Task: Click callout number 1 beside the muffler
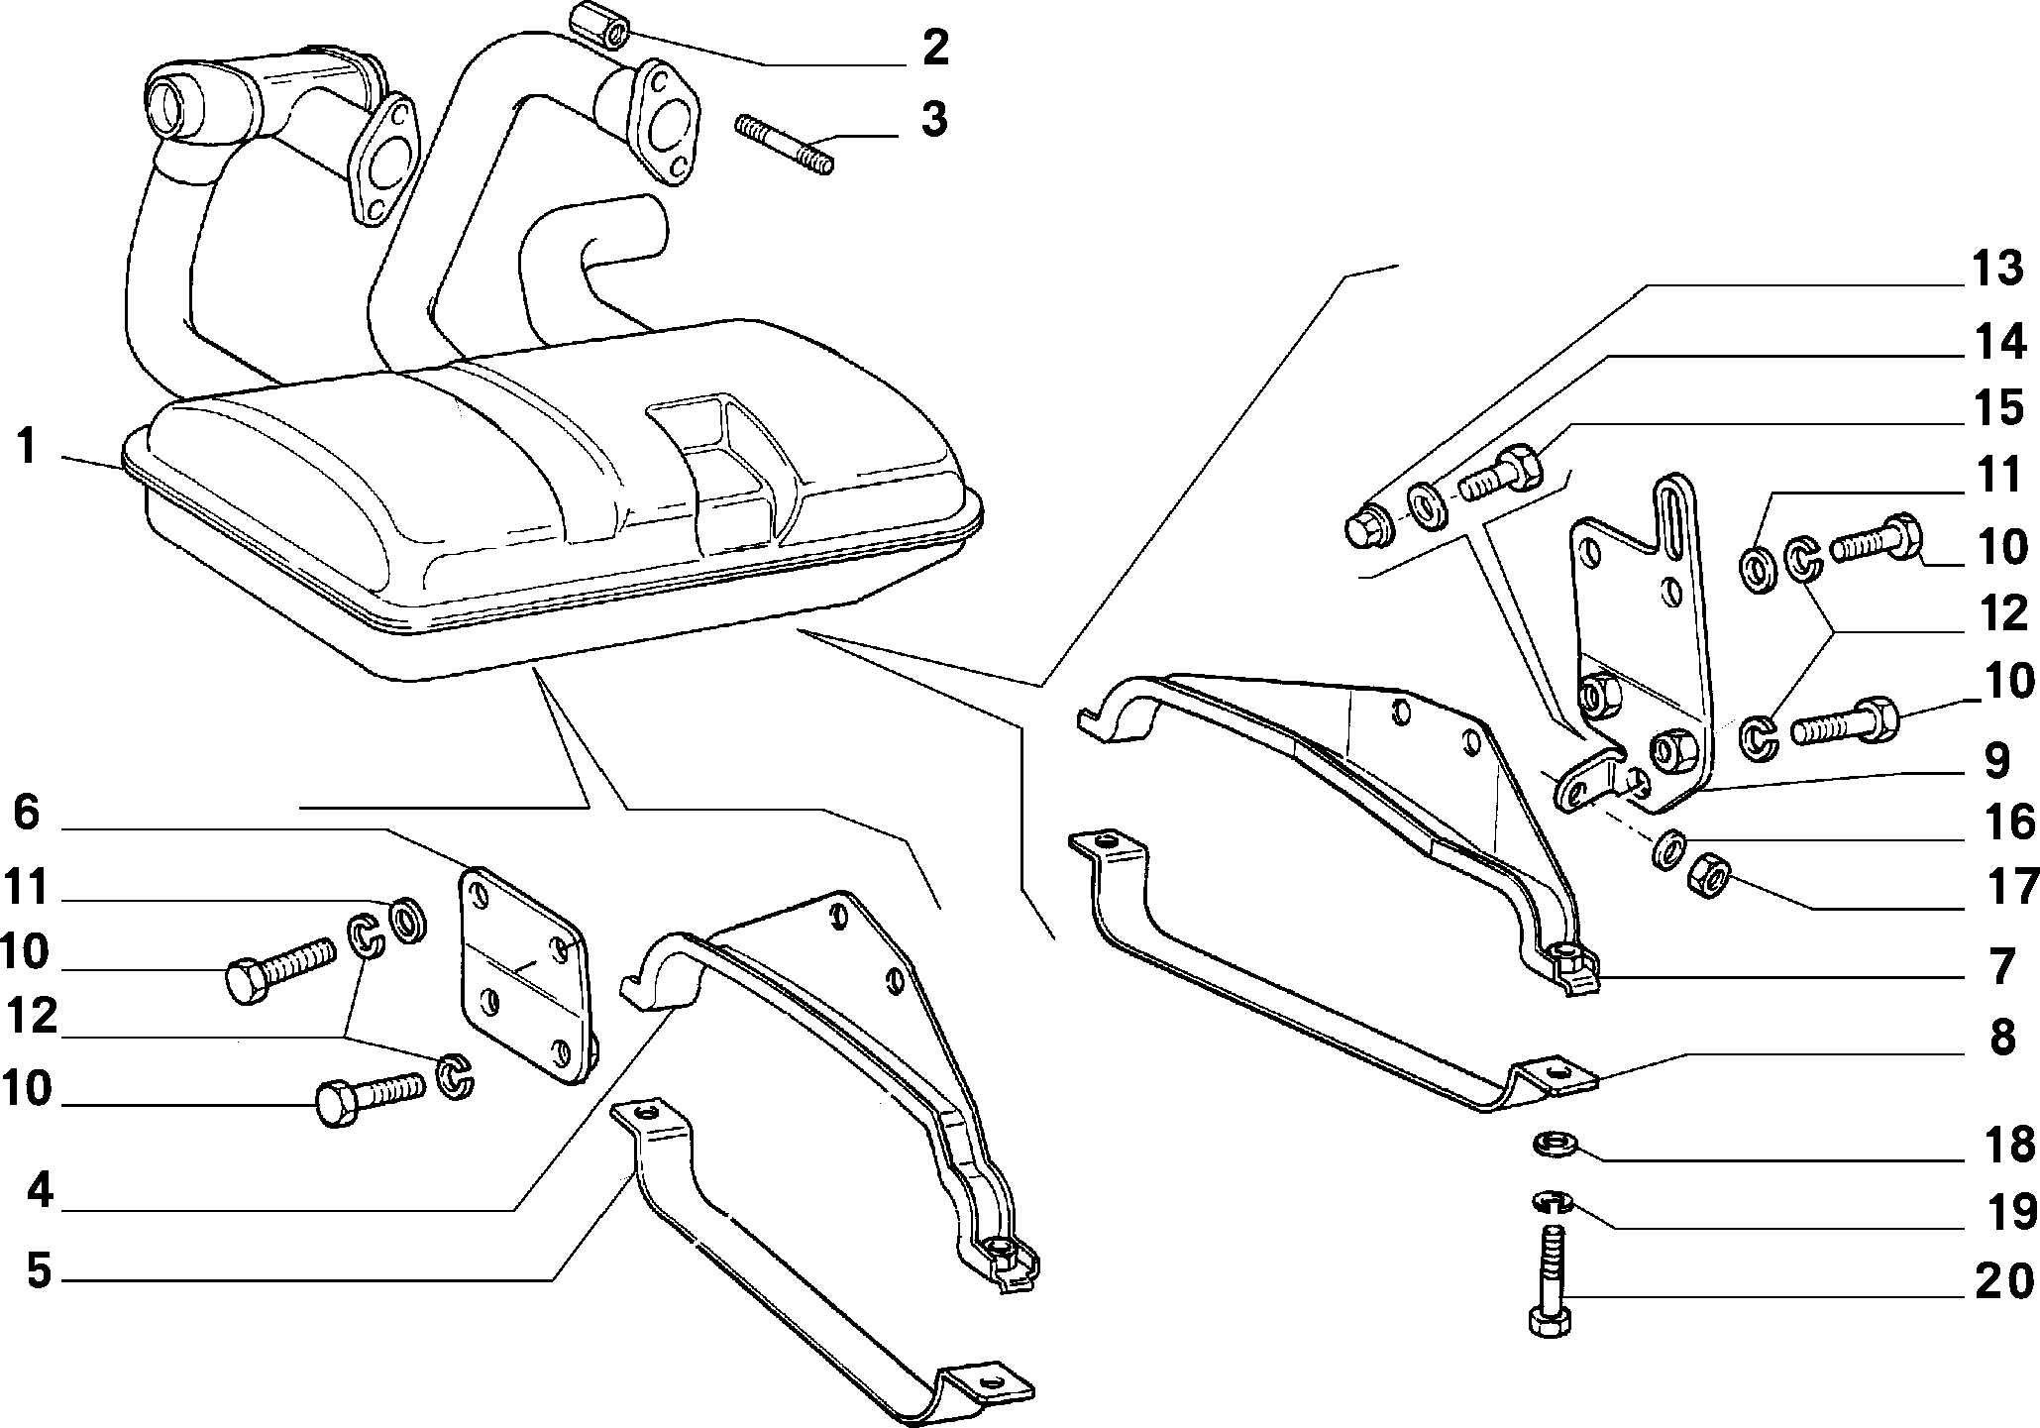point(27,447)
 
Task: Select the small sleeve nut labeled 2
point(598,25)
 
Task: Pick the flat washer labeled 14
point(1426,507)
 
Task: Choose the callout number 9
point(1993,761)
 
